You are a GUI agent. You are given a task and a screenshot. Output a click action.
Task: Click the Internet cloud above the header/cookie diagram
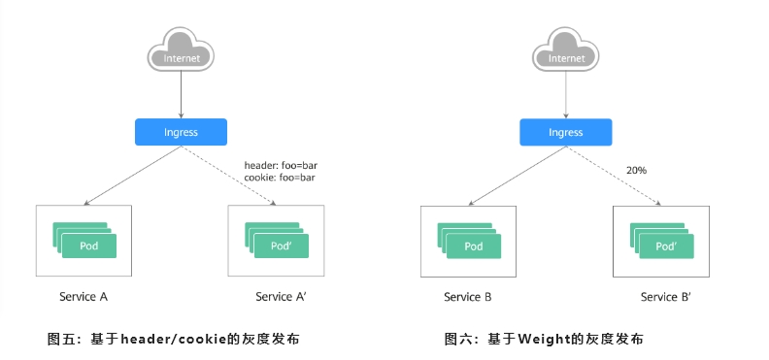pos(181,49)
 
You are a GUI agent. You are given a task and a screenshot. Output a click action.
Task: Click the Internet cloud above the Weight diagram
pos(566,49)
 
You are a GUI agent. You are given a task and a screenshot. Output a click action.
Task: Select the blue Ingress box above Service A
pos(181,132)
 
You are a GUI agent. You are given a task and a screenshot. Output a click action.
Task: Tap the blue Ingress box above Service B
pos(566,132)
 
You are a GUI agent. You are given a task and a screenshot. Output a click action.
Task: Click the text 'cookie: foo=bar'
pos(280,178)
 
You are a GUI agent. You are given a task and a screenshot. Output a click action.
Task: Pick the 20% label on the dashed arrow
pos(636,171)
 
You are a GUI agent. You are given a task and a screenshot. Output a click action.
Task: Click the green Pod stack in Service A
pos(84,240)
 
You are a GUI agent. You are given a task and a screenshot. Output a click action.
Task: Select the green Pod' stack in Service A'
pos(277,240)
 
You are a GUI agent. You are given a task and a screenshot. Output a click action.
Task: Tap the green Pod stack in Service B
pos(469,240)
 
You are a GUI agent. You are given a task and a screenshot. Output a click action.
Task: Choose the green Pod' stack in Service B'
pos(661,240)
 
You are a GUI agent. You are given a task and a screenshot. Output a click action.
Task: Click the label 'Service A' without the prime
pos(84,296)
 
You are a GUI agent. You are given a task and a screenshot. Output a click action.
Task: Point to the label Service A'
pos(281,296)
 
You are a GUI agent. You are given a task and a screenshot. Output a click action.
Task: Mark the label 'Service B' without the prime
pos(468,297)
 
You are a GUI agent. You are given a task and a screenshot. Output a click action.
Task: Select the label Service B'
pos(666,297)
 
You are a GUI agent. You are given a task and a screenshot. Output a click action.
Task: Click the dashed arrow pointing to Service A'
pos(228,176)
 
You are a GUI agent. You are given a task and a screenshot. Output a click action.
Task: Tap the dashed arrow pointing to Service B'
pos(614,176)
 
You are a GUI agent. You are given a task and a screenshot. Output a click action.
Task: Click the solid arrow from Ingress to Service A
pos(132,176)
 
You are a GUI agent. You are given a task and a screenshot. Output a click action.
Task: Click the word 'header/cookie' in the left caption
pos(173,339)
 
